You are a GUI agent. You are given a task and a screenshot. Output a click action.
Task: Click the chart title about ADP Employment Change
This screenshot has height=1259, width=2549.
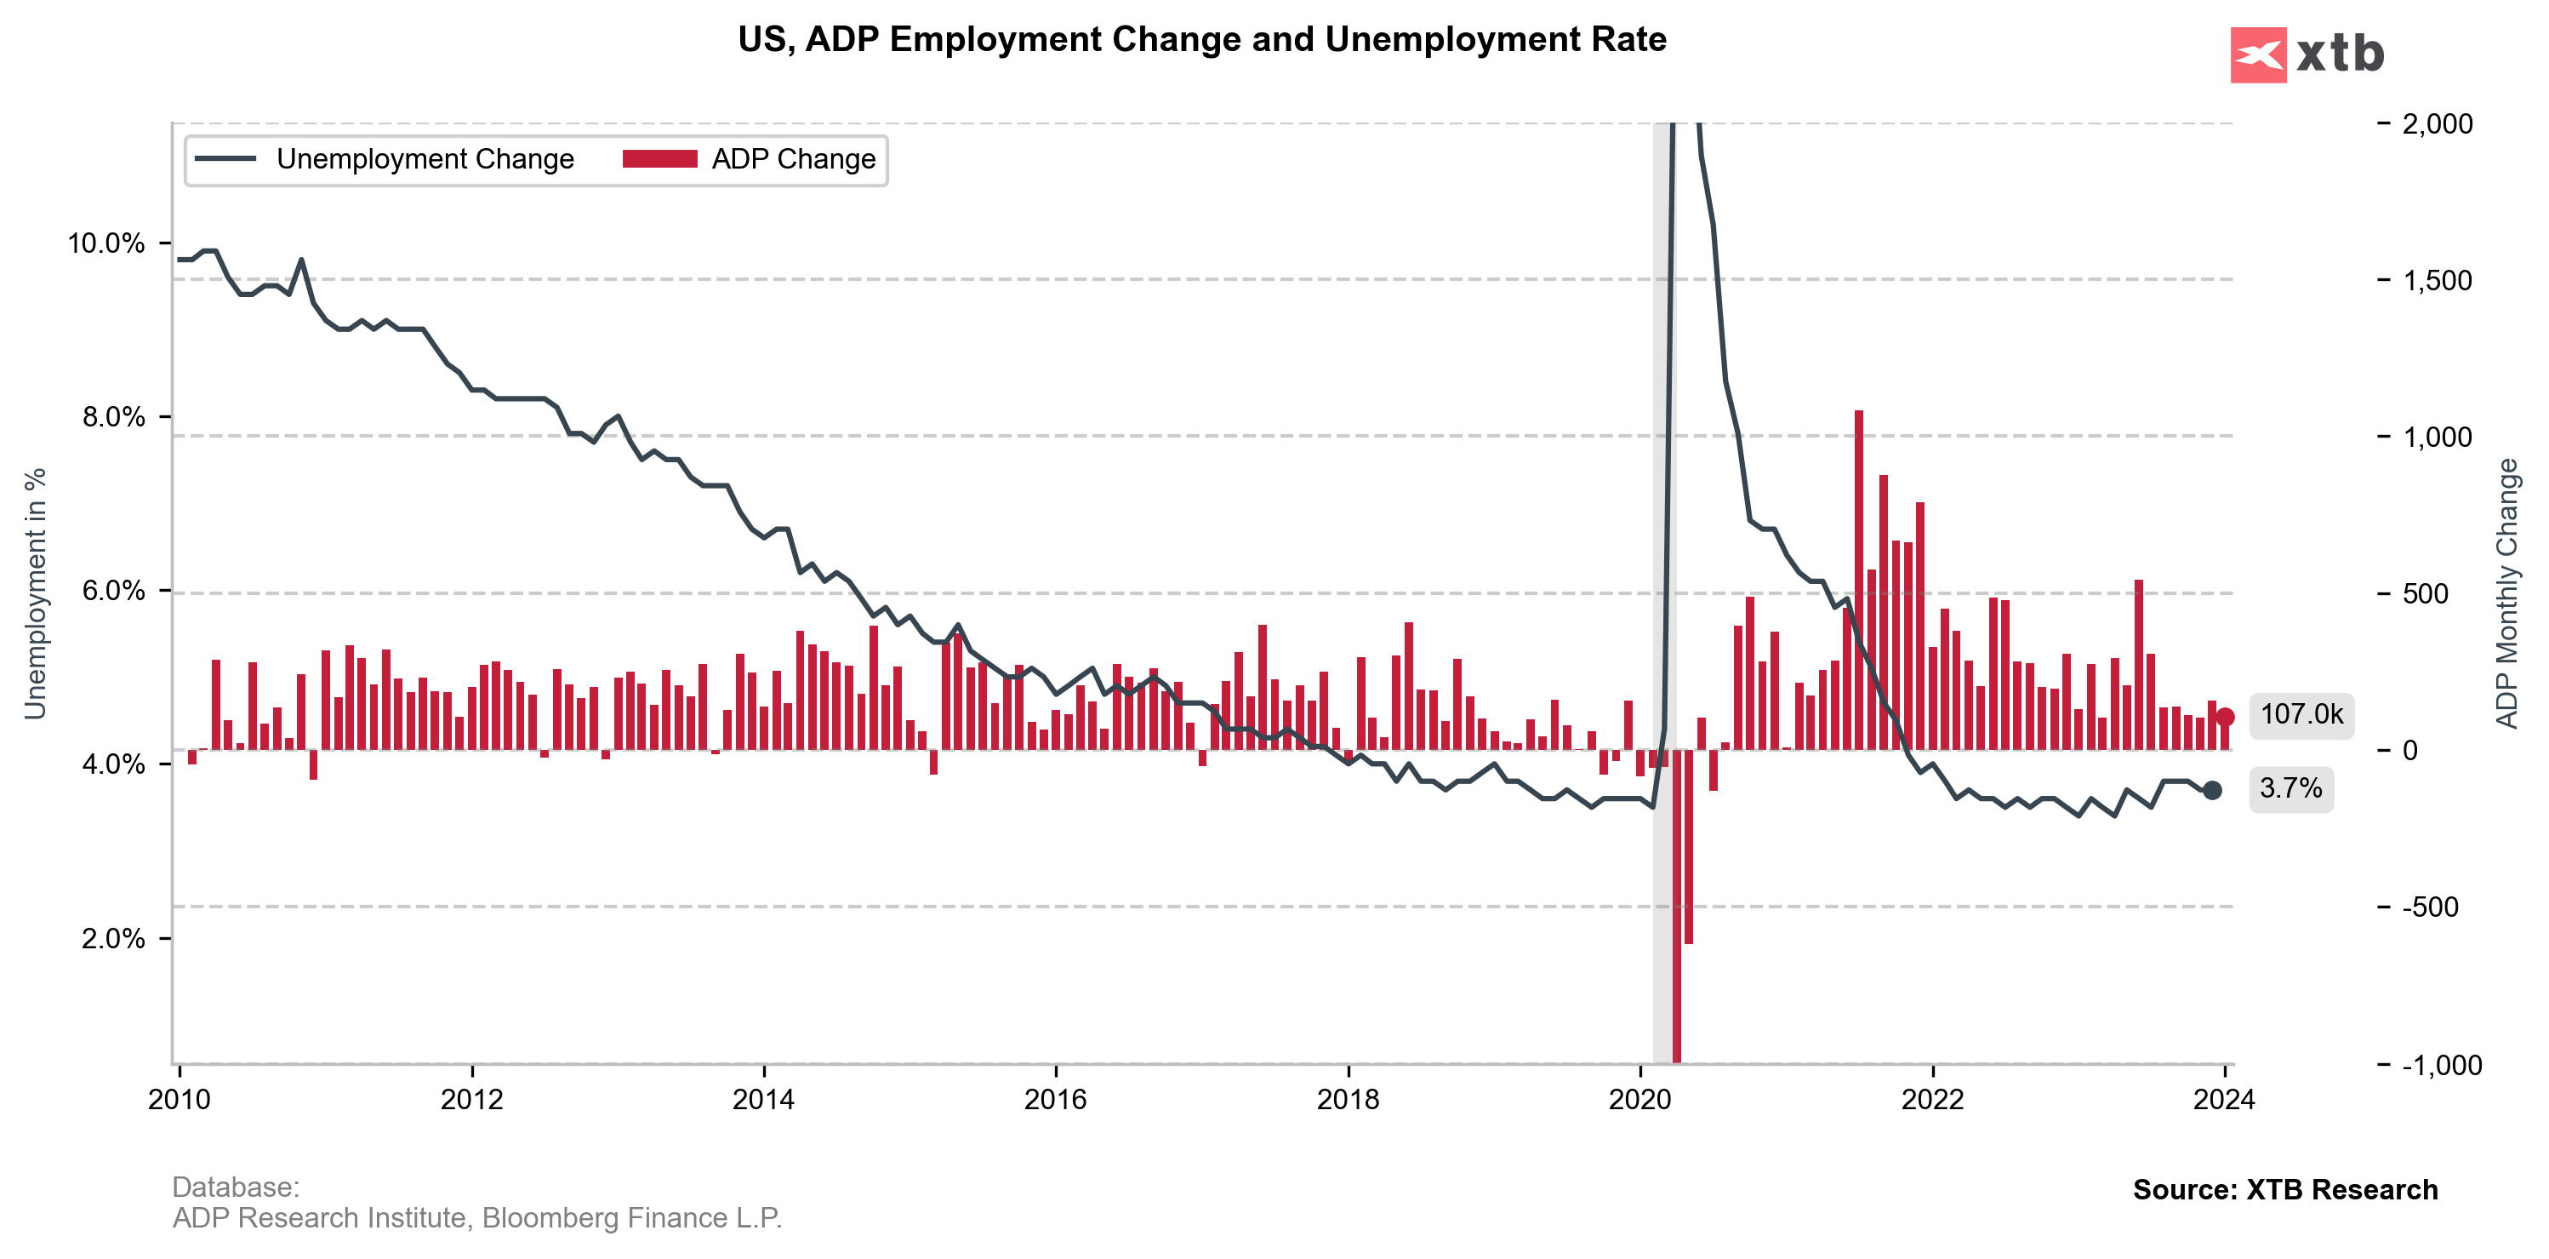coord(1201,40)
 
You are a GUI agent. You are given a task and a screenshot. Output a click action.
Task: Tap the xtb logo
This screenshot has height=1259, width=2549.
coord(2307,54)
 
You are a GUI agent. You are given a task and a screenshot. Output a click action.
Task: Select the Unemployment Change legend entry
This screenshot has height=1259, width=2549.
coord(384,159)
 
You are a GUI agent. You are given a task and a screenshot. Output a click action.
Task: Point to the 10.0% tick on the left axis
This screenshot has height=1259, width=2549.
coord(105,243)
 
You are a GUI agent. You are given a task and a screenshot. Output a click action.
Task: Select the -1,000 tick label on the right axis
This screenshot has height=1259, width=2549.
coord(2441,1065)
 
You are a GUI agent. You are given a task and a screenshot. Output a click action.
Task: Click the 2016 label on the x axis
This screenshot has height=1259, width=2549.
coord(1055,1100)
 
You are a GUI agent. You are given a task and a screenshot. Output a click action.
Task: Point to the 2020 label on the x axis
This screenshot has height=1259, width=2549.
coord(1639,1100)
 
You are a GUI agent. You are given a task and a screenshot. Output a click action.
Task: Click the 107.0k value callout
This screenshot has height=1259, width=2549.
coord(2301,714)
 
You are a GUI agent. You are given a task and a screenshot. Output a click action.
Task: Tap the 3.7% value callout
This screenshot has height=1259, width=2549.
coord(2290,789)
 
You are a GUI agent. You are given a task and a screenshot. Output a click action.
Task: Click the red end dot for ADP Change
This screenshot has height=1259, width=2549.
coord(2225,718)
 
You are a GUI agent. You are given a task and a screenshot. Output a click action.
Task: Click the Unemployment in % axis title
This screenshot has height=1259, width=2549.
coord(36,594)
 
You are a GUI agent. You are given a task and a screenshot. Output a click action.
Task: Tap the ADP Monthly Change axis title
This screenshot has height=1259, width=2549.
coord(2506,594)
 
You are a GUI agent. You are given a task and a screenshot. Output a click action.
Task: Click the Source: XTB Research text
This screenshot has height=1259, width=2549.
coord(2284,1190)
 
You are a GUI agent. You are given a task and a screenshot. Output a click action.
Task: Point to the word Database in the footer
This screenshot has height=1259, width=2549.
coord(235,1187)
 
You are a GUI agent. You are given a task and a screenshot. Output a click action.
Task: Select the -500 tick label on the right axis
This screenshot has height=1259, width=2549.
coord(2430,907)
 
